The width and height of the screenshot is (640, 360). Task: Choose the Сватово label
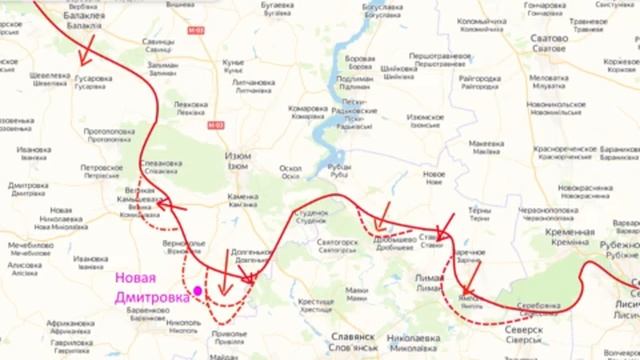(550, 39)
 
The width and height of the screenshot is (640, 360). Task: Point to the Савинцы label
(158, 42)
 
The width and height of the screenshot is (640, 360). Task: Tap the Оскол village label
(291, 167)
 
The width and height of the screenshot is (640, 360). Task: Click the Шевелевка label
(49, 75)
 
